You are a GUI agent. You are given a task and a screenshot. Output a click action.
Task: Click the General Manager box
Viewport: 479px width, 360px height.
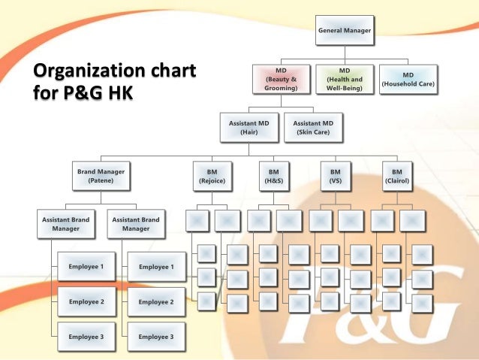click(x=345, y=30)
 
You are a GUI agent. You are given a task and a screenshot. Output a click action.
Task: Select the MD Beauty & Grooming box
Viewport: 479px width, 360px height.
click(x=281, y=79)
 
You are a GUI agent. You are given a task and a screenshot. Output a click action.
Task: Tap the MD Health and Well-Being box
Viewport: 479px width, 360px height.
click(x=344, y=79)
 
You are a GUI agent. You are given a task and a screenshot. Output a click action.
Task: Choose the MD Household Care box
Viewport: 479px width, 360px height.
click(x=408, y=79)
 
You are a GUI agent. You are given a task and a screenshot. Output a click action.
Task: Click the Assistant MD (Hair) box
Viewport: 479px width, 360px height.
click(x=249, y=127)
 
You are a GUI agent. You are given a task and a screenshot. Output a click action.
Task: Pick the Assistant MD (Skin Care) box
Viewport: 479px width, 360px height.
click(x=313, y=127)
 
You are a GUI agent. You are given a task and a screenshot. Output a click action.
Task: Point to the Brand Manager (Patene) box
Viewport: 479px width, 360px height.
click(x=101, y=176)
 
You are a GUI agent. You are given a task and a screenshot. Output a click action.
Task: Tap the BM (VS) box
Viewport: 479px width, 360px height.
click(x=335, y=176)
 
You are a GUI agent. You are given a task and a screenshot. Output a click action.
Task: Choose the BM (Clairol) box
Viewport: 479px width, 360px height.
click(x=397, y=176)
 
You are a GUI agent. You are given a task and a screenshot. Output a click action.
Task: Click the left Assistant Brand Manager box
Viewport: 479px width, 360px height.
click(x=65, y=224)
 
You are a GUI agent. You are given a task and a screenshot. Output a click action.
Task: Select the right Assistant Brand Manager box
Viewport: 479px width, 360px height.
click(x=136, y=224)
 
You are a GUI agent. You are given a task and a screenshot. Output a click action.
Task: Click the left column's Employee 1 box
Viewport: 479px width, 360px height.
click(x=86, y=267)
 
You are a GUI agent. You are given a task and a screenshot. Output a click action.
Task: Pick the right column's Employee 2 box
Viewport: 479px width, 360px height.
click(x=156, y=301)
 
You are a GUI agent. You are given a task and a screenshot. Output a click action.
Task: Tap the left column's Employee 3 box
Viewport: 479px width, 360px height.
click(x=86, y=337)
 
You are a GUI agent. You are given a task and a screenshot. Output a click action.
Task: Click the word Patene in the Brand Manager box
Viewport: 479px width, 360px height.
click(x=101, y=181)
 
